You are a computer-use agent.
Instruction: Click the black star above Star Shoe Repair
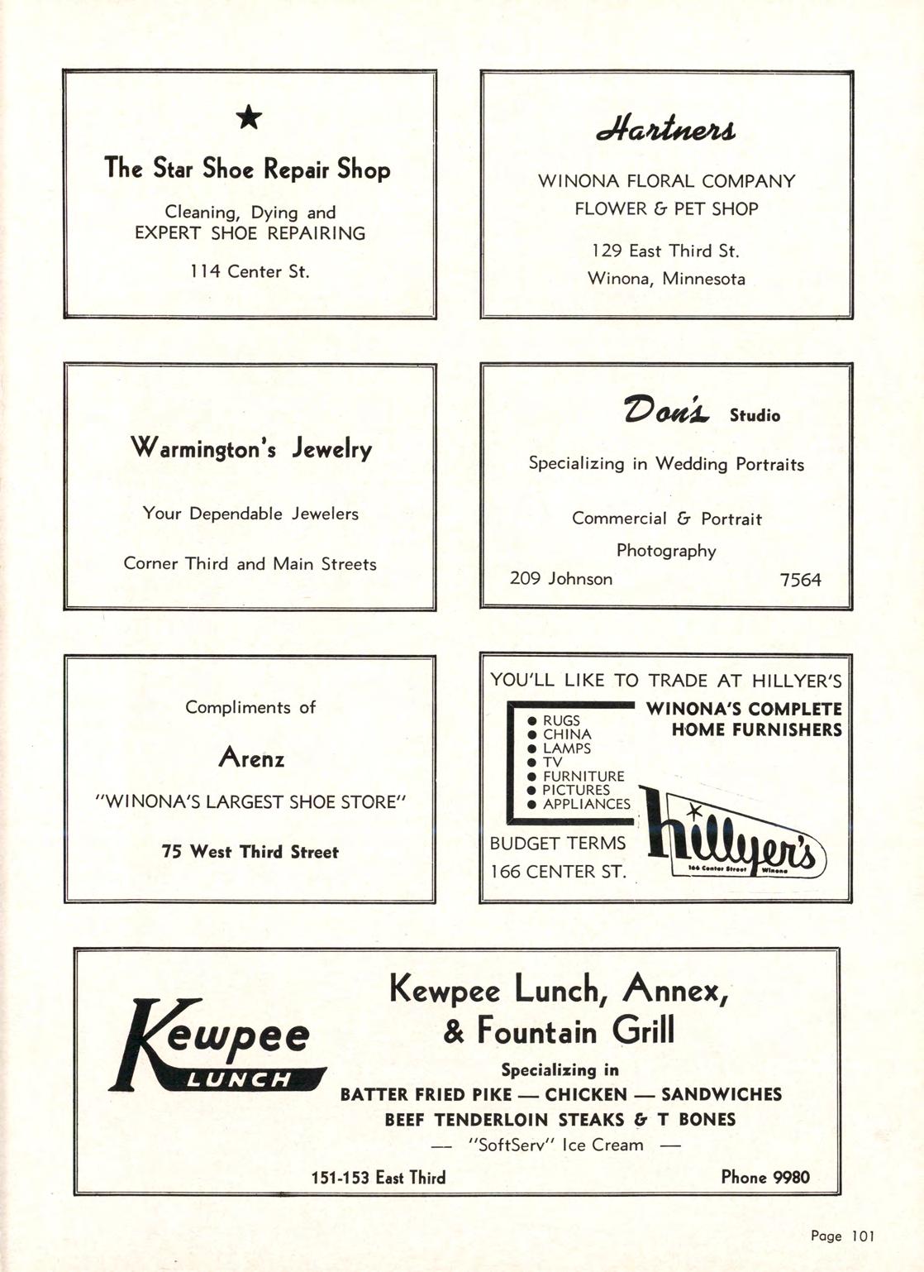tap(249, 119)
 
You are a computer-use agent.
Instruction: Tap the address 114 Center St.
tap(250, 271)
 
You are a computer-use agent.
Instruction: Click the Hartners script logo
tap(666, 131)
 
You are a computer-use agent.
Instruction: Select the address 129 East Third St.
tap(666, 251)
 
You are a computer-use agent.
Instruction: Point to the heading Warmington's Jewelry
tap(251, 449)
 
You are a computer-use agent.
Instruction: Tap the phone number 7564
tap(801, 580)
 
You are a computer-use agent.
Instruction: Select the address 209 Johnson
tap(561, 579)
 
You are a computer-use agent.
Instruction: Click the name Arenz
tap(251, 757)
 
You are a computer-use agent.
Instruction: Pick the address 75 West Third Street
tap(250, 852)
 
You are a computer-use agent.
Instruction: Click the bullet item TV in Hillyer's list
tap(552, 762)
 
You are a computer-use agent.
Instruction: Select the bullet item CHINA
tap(566, 734)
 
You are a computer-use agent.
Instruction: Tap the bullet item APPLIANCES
tap(586, 804)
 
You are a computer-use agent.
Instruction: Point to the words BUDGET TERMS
tap(558, 844)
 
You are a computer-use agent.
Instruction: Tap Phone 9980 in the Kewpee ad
tap(765, 1177)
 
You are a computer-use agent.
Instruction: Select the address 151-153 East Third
tap(378, 1178)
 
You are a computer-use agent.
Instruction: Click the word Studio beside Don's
tap(755, 415)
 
